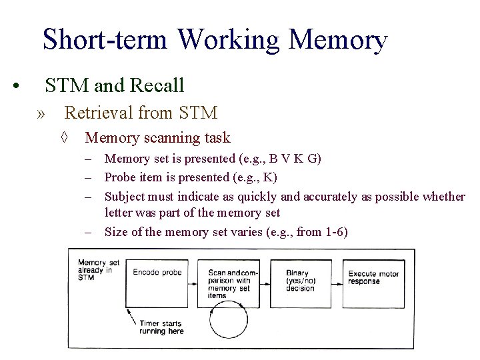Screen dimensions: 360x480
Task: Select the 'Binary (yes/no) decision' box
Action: tap(300, 283)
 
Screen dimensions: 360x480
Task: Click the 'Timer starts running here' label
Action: tap(161, 327)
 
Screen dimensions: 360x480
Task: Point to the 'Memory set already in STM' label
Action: tap(96, 269)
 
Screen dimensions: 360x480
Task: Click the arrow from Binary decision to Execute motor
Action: tap(337, 285)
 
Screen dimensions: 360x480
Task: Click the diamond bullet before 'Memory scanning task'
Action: tap(65, 138)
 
